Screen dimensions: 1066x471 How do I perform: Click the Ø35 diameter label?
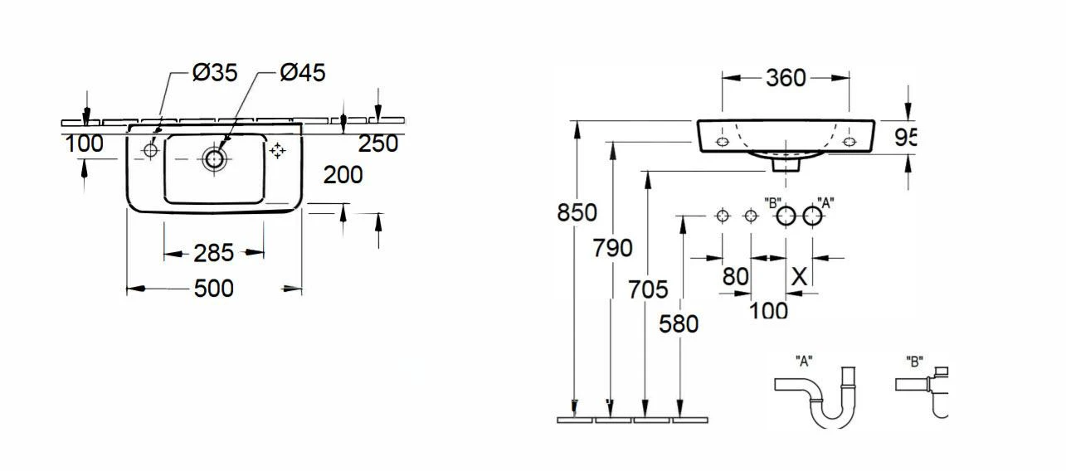[x=215, y=73]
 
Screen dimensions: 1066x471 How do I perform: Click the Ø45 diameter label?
[x=303, y=73]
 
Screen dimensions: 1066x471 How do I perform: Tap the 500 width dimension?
[x=214, y=289]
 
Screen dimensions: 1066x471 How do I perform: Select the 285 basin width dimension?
[x=214, y=253]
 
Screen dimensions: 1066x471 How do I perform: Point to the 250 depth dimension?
[x=378, y=143]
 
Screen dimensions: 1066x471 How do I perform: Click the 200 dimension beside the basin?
[x=343, y=175]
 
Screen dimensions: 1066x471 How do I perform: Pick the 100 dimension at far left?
[x=85, y=143]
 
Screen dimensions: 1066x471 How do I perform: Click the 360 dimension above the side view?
[x=786, y=78]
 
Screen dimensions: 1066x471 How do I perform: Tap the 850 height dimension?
[x=577, y=212]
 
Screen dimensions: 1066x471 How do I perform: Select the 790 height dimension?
[x=612, y=248]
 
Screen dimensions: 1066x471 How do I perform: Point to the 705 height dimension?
[x=648, y=289]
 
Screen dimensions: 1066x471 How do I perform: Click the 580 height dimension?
[x=679, y=324]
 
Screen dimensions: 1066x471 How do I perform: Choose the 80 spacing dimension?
[x=735, y=276]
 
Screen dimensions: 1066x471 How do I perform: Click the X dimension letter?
[x=800, y=276]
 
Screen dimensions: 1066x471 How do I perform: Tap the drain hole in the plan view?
[x=214, y=159]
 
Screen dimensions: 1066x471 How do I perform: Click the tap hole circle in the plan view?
[x=151, y=151]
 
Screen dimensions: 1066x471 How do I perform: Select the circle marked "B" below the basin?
[x=786, y=216]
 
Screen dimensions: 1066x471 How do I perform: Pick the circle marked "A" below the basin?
[x=812, y=216]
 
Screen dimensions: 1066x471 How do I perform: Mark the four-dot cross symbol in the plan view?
[x=277, y=151]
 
